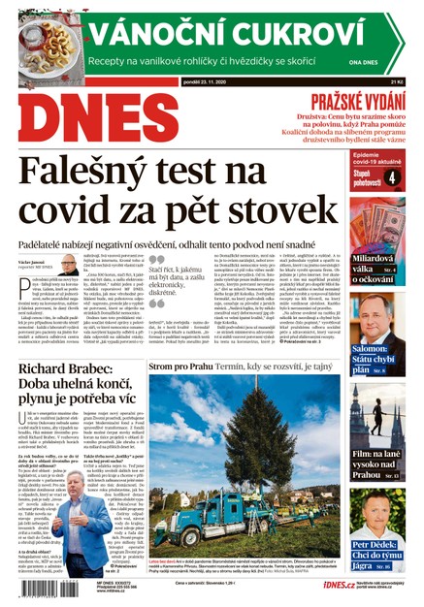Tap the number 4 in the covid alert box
pos(391,177)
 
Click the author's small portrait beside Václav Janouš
pos(69,265)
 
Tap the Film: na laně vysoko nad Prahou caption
pos(380,468)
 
